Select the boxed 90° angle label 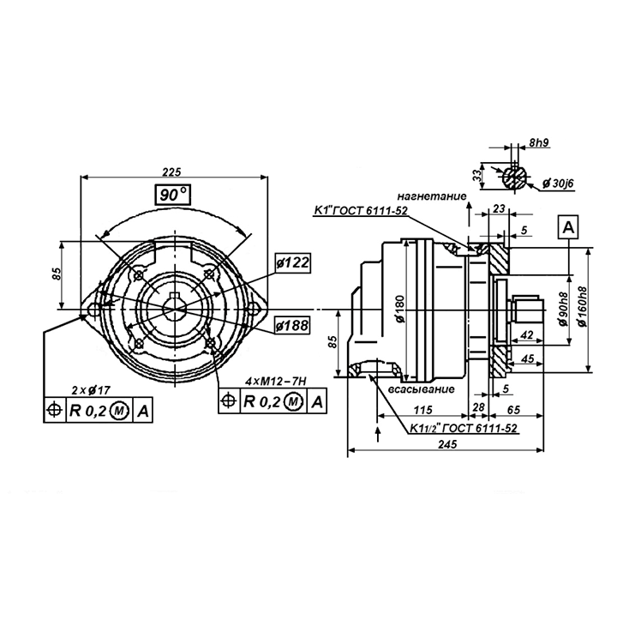173,196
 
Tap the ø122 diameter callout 292,263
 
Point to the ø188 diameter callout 291,325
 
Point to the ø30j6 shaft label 559,184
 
